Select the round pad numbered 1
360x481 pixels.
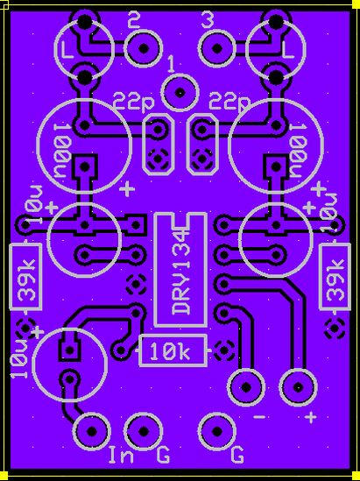(180, 92)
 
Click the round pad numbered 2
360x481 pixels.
(144, 48)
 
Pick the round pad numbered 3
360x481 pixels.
(217, 48)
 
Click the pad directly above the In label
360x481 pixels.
(91, 431)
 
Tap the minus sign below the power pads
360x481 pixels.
(260, 417)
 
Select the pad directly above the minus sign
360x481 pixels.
(246, 387)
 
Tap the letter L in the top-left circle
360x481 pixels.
(67, 50)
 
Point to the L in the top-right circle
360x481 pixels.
(288, 50)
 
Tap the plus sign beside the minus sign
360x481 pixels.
(311, 417)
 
